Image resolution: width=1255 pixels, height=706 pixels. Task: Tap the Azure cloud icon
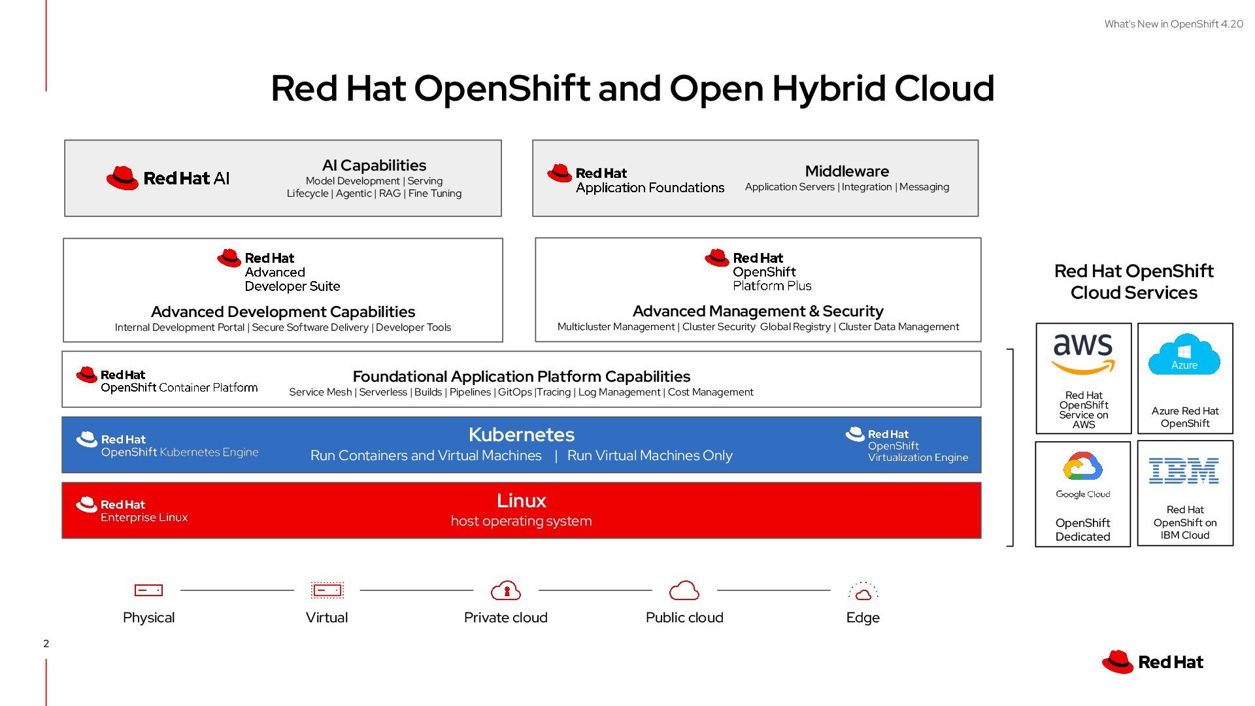pyautogui.click(x=1184, y=354)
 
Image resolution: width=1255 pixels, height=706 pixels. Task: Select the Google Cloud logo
pyautogui.click(x=1082, y=475)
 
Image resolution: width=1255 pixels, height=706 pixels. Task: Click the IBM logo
pyautogui.click(x=1184, y=471)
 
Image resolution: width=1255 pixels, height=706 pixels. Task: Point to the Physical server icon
pyautogui.click(x=148, y=590)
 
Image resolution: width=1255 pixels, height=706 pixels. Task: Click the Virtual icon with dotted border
pyautogui.click(x=327, y=590)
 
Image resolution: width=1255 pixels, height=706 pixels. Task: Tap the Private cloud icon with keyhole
pyautogui.click(x=506, y=590)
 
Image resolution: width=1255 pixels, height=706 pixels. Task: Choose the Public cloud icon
pyautogui.click(x=684, y=590)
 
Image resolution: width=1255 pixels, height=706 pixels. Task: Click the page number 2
pyautogui.click(x=46, y=643)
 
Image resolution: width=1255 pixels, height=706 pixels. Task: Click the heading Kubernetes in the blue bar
pyautogui.click(x=521, y=435)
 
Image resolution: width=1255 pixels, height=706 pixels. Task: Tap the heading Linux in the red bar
pyautogui.click(x=521, y=501)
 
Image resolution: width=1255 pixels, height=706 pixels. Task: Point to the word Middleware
pyautogui.click(x=846, y=171)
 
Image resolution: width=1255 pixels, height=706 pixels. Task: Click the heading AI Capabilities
pyautogui.click(x=374, y=165)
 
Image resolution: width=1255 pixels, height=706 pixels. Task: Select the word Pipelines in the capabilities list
pyautogui.click(x=470, y=392)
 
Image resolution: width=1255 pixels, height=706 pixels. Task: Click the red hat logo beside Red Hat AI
pyautogui.click(x=122, y=178)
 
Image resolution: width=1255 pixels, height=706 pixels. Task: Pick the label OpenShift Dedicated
pyautogui.click(x=1082, y=529)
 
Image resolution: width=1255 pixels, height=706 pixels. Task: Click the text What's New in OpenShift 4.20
pyautogui.click(x=1173, y=24)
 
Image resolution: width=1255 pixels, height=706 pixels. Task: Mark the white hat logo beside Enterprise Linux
pyautogui.click(x=86, y=505)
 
